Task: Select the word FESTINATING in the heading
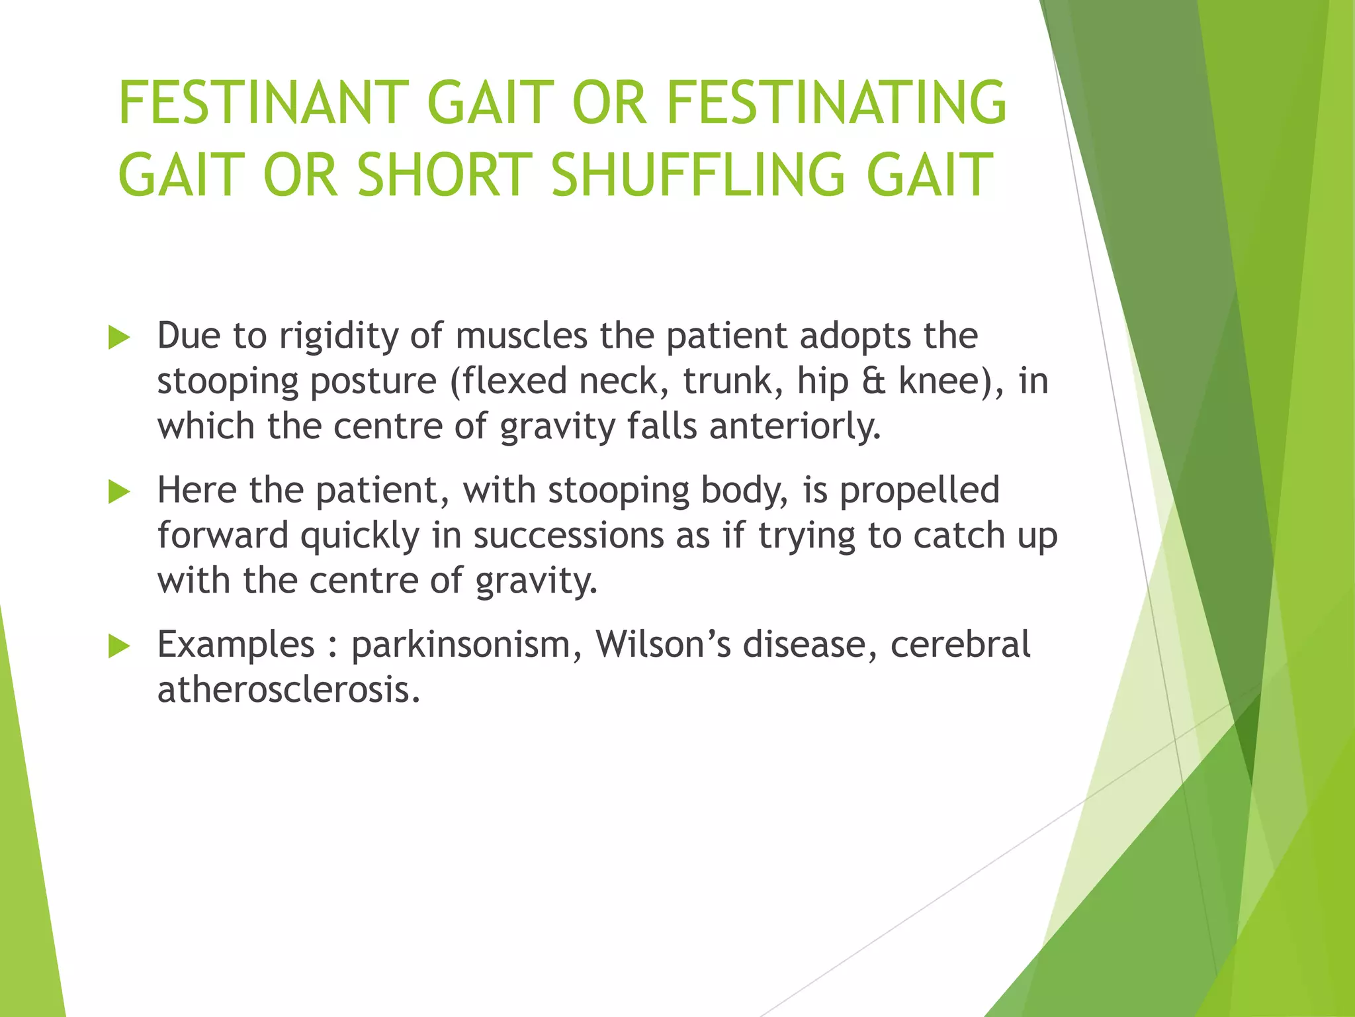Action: tap(836, 102)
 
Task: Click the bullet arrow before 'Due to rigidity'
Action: tap(118, 338)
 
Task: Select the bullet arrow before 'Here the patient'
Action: tap(118, 492)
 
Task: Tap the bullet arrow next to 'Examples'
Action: tap(118, 646)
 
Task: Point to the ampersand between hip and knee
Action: tap(874, 381)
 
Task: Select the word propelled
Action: tap(919, 491)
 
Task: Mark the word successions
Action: tap(568, 536)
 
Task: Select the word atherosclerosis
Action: tap(288, 690)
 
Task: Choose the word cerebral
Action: tap(960, 644)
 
